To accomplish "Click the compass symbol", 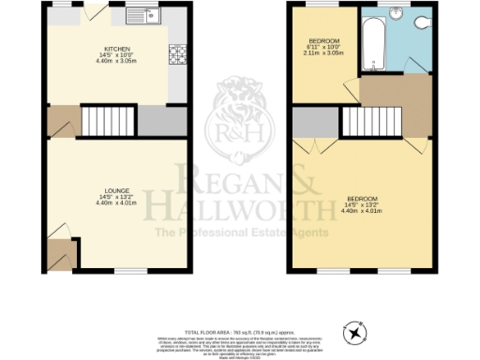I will point(355,332).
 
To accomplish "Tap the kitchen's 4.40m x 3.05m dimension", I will point(117,60).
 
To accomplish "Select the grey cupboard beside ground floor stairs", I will point(157,120).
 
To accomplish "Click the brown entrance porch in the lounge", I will point(62,253).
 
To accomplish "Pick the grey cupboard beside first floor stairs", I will point(307,122).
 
